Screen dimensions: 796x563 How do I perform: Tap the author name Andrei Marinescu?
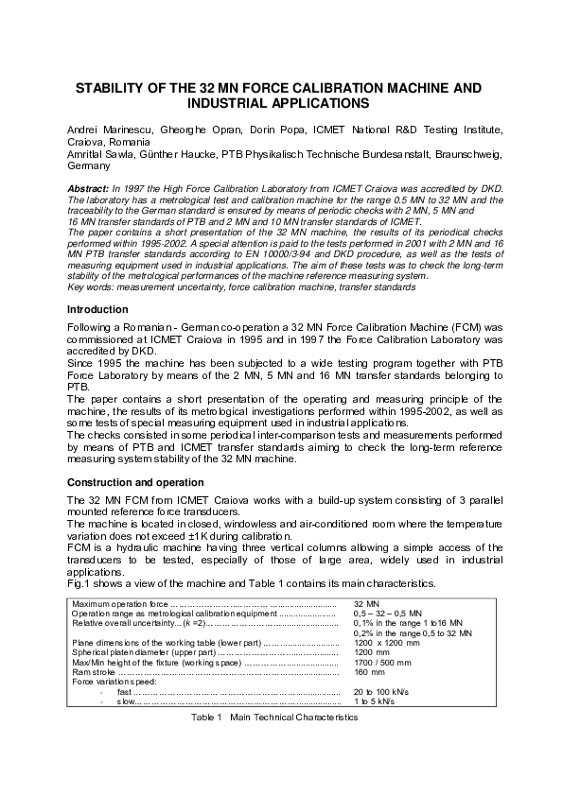[x=103, y=128]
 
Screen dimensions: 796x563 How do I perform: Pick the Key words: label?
[x=91, y=286]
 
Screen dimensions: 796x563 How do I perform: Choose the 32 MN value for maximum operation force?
[x=367, y=602]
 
